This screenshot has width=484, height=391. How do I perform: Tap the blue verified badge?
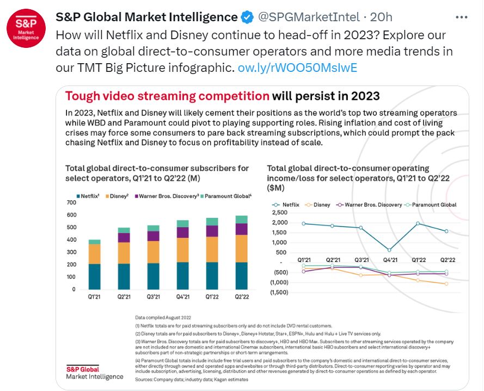tap(247, 17)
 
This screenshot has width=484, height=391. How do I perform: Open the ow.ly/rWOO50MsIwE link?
tap(298, 68)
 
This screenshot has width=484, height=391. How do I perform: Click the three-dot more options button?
tap(462, 17)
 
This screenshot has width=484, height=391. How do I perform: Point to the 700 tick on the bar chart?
tap(71, 203)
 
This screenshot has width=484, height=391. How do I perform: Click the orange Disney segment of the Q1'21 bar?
tap(95, 254)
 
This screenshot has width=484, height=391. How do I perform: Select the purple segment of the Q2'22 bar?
tap(241, 229)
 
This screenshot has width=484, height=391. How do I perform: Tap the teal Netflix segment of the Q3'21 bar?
tap(154, 276)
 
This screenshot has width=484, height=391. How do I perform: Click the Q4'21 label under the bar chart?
tap(182, 297)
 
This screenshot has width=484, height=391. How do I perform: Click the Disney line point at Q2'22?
tap(446, 284)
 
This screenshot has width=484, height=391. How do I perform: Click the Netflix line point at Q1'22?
tap(418, 223)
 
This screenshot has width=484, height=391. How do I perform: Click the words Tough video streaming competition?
tap(167, 96)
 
